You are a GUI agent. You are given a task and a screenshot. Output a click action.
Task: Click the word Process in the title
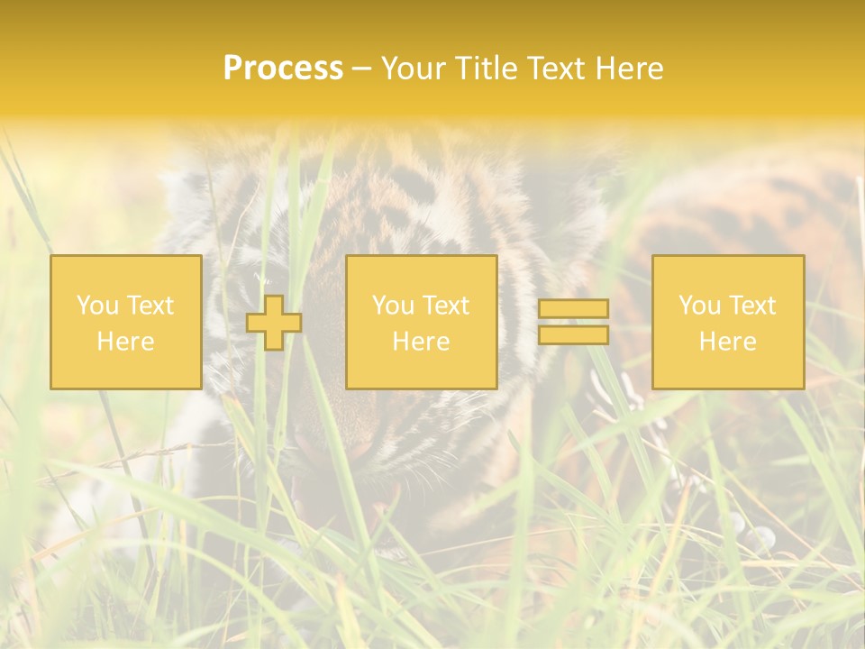(283, 69)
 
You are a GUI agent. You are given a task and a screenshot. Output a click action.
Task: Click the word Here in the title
(632, 69)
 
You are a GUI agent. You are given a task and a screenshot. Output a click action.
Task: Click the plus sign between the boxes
(274, 323)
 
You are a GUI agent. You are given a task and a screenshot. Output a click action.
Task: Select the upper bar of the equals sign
(573, 308)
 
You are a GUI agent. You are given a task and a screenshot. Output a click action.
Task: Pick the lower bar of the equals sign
(573, 335)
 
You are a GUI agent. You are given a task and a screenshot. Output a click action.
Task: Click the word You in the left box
(97, 306)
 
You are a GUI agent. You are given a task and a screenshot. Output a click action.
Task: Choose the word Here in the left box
(125, 342)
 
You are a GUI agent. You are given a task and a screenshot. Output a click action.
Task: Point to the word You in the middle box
(393, 306)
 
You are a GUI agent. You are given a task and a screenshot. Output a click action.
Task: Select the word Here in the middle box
(421, 342)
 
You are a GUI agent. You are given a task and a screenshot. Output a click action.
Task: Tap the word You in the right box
(699, 306)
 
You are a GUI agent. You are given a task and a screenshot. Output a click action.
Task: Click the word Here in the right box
(727, 342)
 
